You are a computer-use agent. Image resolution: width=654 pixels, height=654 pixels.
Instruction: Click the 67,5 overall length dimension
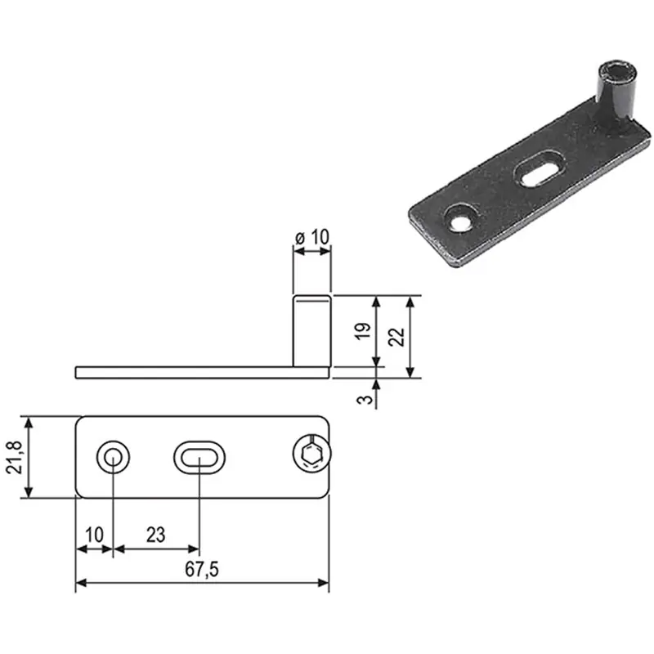(201, 569)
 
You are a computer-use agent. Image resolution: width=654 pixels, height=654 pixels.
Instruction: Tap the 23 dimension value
(155, 535)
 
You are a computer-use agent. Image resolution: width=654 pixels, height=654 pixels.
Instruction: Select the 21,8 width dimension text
(14, 457)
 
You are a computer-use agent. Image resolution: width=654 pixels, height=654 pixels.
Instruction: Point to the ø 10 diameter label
(312, 237)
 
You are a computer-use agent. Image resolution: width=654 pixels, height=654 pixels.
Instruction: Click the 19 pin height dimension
(363, 331)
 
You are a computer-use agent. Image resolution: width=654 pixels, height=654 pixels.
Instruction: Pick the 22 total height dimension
(396, 337)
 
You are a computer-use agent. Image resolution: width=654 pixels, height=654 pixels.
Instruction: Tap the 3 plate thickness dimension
(365, 399)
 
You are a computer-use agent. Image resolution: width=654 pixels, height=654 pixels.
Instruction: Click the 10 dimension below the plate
(94, 535)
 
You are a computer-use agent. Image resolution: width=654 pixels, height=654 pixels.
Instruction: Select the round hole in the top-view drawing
(113, 457)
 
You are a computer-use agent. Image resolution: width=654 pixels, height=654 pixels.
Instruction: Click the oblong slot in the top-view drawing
(199, 458)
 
